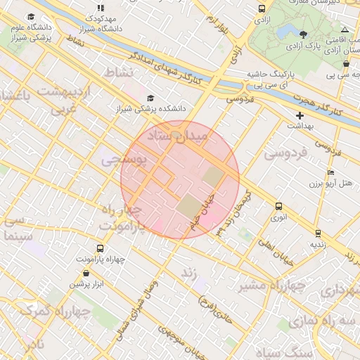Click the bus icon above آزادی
262,9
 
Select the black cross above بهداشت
300,115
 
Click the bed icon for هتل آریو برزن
330,173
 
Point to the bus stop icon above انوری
279,206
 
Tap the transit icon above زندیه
318,233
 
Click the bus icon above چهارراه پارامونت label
100,248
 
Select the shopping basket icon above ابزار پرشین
86,273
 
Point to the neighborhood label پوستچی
124,160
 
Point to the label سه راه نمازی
337,320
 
